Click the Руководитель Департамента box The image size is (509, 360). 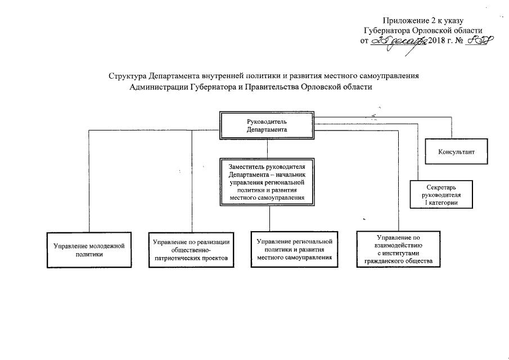(267, 125)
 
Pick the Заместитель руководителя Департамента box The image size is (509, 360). (267, 182)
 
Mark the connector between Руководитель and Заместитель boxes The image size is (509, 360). (267, 147)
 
